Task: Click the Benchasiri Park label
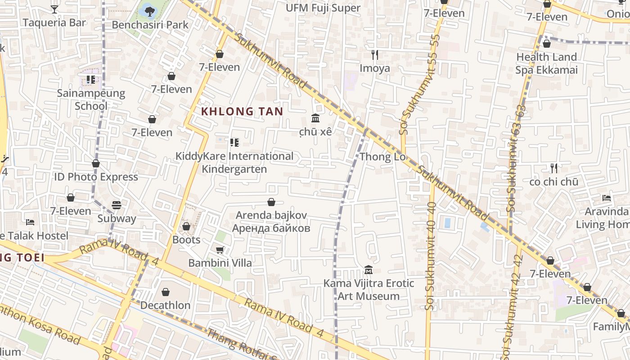150,24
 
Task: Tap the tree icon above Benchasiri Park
149,10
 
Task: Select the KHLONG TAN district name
242,111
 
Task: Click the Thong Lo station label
382,157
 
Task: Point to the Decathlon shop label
165,305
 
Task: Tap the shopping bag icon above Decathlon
166,292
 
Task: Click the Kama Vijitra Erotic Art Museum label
369,289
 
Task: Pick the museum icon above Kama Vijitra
369,270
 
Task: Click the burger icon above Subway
117,205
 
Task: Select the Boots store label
186,239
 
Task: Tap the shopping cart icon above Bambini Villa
220,250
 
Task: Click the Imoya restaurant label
374,68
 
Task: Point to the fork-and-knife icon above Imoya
374,55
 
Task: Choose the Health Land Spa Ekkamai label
546,63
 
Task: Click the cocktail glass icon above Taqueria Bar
54,9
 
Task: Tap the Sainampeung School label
91,99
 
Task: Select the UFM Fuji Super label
323,8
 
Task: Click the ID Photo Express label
96,177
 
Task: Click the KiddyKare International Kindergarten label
234,162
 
